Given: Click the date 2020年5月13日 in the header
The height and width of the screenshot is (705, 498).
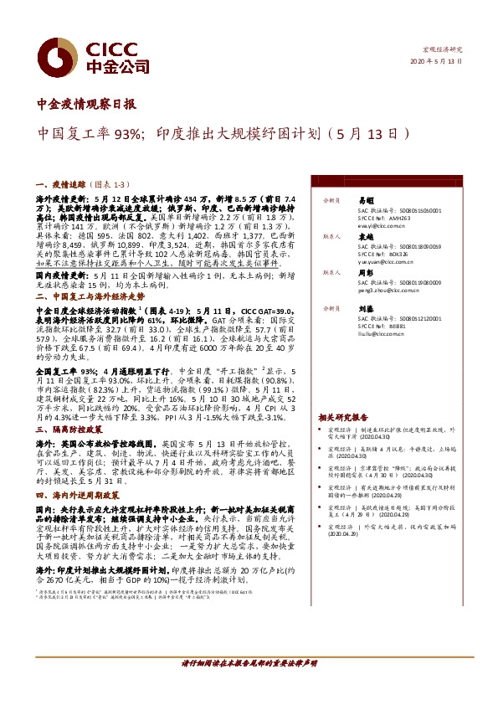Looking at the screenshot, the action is pyautogui.click(x=436, y=63).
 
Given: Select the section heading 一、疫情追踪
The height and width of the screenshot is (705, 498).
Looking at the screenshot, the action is pyautogui.click(x=62, y=182).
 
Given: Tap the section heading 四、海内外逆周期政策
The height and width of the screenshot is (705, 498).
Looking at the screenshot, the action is pyautogui.click(x=82, y=495).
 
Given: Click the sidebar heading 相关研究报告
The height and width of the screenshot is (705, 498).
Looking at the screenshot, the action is pyautogui.click(x=342, y=416).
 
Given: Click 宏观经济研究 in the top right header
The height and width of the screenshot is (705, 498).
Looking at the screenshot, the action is pyautogui.click(x=443, y=50).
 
